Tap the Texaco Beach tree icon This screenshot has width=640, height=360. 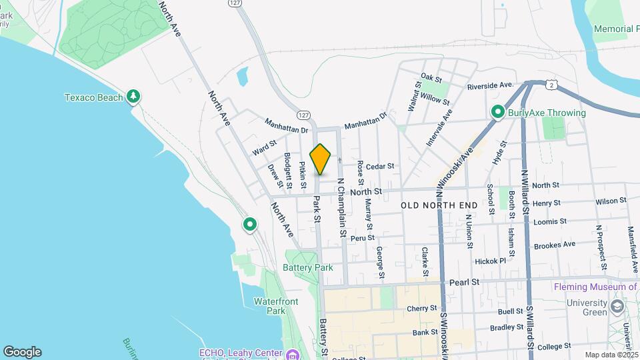click(x=133, y=97)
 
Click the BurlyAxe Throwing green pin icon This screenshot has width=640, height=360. click(x=497, y=113)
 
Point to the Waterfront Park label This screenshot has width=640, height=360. click(x=275, y=306)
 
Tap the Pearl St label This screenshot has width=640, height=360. click(x=465, y=282)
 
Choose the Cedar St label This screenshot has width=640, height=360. click(x=380, y=166)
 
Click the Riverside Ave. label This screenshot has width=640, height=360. click(x=489, y=85)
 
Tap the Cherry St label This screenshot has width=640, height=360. click(x=421, y=309)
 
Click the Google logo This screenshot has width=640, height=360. click(x=22, y=352)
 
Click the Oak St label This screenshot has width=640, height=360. click(x=427, y=78)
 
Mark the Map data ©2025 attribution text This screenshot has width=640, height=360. click(x=611, y=355)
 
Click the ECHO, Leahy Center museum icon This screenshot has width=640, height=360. click(x=291, y=354)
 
